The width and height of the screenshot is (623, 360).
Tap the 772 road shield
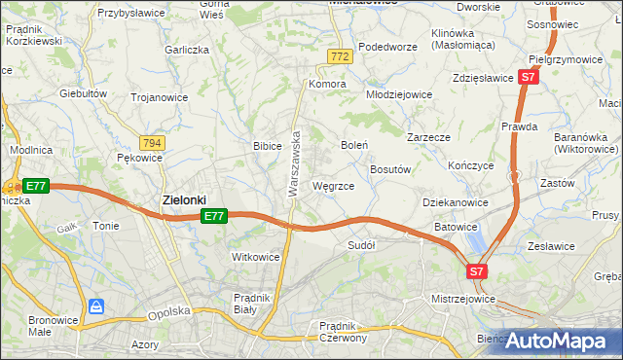339,58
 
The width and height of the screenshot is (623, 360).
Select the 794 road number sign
152,143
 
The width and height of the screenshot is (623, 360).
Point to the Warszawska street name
293,165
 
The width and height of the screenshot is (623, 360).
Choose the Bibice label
267,146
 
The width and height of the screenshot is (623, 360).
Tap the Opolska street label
166,313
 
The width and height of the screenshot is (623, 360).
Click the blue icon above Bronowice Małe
96,306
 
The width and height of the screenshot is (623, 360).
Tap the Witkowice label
255,257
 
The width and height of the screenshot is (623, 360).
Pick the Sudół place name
361,245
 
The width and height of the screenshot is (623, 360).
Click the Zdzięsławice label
483,77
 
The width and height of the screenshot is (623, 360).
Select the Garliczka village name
187,49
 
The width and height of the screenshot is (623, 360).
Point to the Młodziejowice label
398,94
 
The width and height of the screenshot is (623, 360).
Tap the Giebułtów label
83,93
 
